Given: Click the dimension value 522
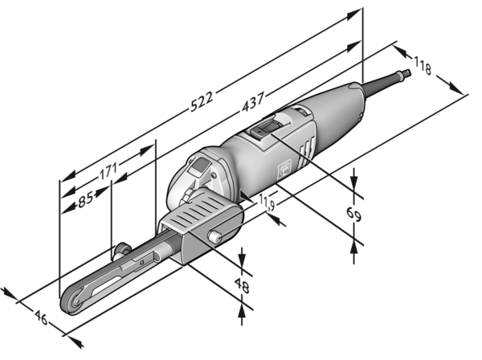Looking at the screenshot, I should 202,99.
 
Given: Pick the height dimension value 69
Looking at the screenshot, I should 353,215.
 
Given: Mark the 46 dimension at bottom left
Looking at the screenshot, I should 40,320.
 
